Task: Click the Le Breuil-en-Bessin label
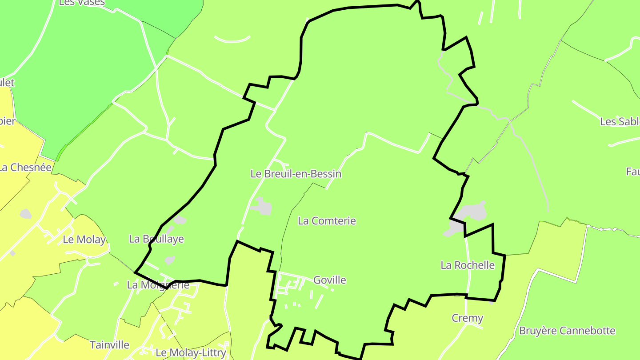pyautogui.click(x=296, y=174)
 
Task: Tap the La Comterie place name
pyautogui.click(x=327, y=220)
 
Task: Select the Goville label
pyautogui.click(x=329, y=280)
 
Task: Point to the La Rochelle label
pyautogui.click(x=468, y=265)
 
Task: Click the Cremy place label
pyautogui.click(x=467, y=318)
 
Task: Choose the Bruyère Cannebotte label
pyautogui.click(x=567, y=331)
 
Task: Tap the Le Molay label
pyautogui.click(x=84, y=240)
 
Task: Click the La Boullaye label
pyautogui.click(x=156, y=239)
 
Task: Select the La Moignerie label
pyautogui.click(x=158, y=285)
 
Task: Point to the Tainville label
pyautogui.click(x=109, y=345)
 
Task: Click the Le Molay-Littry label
pyautogui.click(x=191, y=353)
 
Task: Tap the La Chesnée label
pyautogui.click(x=26, y=168)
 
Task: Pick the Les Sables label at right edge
pyautogui.click(x=620, y=121)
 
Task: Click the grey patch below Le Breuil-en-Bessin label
pyautogui.click(x=262, y=207)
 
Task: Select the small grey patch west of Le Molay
pyautogui.click(x=25, y=214)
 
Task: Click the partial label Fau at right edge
pyautogui.click(x=632, y=172)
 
